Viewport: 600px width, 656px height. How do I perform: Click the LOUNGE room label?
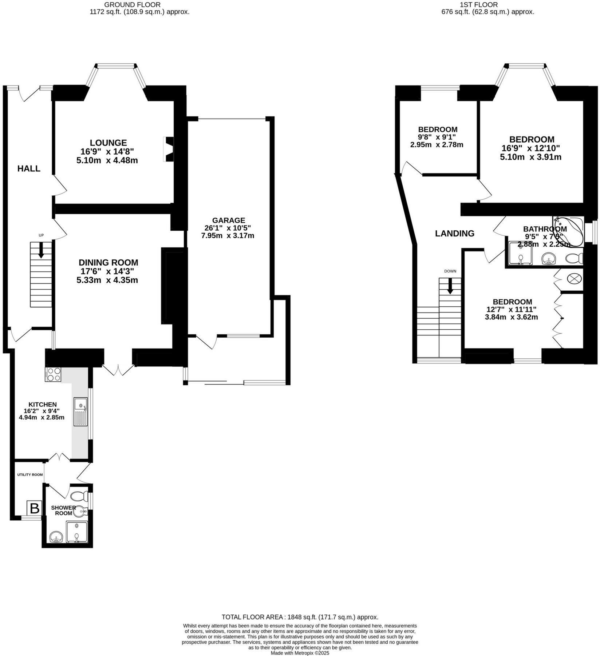click(x=108, y=143)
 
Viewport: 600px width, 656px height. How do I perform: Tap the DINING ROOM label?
click(x=108, y=262)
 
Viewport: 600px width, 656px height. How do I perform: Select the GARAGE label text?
click(x=228, y=220)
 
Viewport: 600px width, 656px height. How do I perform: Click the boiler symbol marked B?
click(x=35, y=508)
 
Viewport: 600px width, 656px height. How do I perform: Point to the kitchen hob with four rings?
click(x=53, y=375)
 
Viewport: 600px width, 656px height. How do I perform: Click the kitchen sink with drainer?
click(x=80, y=412)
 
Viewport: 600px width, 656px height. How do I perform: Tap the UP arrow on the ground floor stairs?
click(x=41, y=250)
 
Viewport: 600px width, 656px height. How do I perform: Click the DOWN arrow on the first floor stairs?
click(x=450, y=286)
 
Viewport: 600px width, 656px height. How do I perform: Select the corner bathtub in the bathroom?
click(x=569, y=232)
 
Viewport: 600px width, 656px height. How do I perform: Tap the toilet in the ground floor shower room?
click(x=79, y=496)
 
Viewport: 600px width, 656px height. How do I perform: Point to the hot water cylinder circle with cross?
click(x=575, y=279)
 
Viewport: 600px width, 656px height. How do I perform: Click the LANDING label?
click(x=454, y=234)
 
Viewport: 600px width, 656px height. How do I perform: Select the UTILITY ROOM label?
click(x=30, y=475)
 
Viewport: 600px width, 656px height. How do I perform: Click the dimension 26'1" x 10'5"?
click(x=228, y=228)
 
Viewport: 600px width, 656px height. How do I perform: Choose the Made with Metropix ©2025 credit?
click(x=300, y=653)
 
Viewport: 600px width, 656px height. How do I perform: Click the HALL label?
click(x=29, y=168)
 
